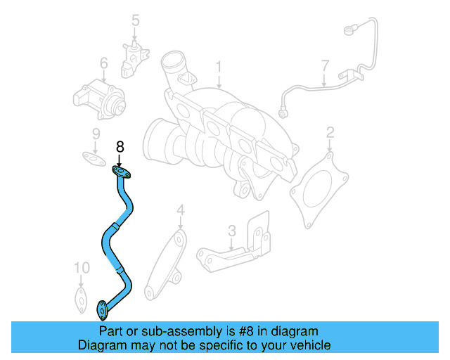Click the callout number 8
click(x=120, y=147)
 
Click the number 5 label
click(x=136, y=21)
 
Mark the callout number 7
click(x=325, y=67)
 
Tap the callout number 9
click(x=96, y=134)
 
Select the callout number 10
click(x=82, y=268)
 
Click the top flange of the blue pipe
click(x=122, y=172)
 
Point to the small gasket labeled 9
click(x=89, y=157)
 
